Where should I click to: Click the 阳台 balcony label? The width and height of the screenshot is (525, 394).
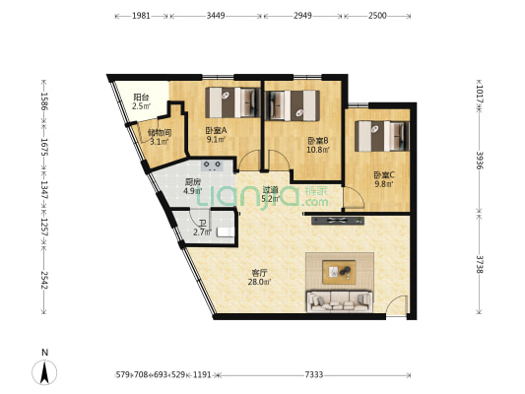pyautogui.click(x=141, y=98)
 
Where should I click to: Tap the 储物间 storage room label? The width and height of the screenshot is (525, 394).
pyautogui.click(x=160, y=133)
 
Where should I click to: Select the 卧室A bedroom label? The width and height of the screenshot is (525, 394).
pyautogui.click(x=216, y=131)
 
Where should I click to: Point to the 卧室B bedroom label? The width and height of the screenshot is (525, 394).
pyautogui.click(x=316, y=141)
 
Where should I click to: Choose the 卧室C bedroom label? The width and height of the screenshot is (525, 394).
pyautogui.click(x=383, y=176)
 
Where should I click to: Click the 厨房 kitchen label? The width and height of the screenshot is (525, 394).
pyautogui.click(x=193, y=182)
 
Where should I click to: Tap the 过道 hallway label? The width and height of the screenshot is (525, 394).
pyautogui.click(x=270, y=189)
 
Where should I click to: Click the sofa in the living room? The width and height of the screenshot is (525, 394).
pyautogui.click(x=341, y=300)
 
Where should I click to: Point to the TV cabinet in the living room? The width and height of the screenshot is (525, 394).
pyautogui.click(x=340, y=220)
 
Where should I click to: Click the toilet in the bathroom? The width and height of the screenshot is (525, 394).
pyautogui.click(x=226, y=230)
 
